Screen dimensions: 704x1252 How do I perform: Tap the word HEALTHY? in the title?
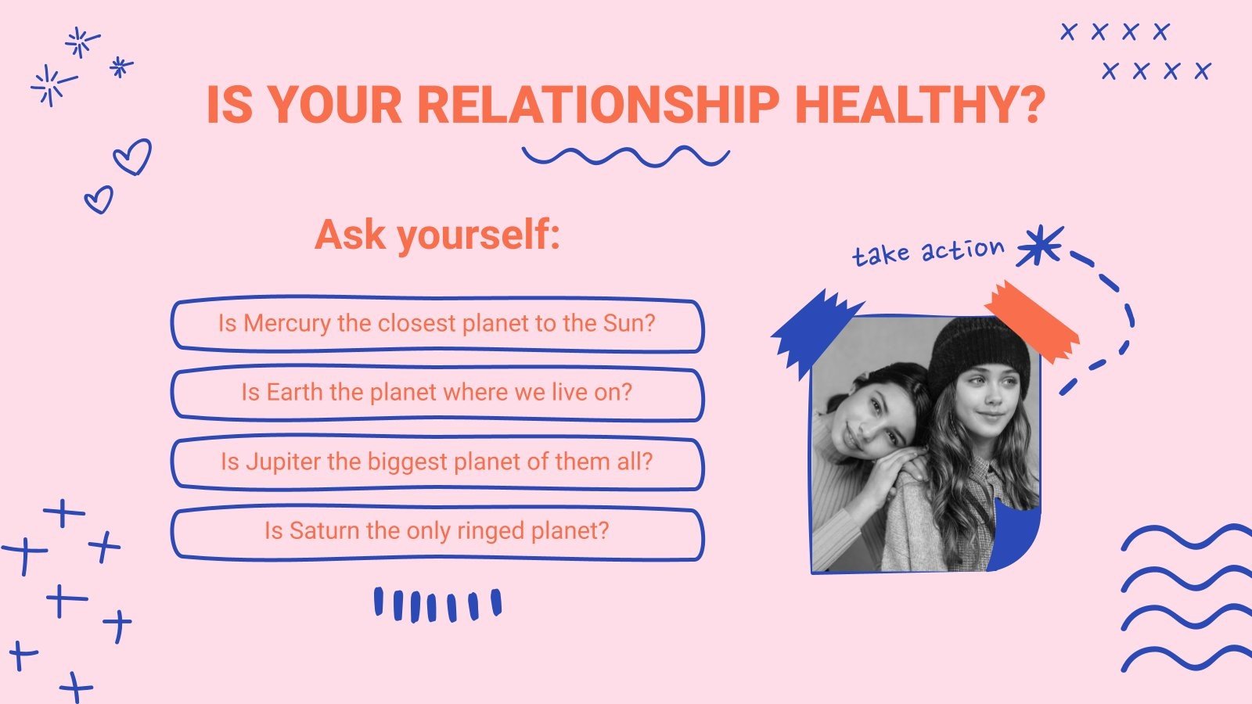pyautogui.click(x=920, y=105)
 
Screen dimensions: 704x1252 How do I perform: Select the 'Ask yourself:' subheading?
pyautogui.click(x=437, y=235)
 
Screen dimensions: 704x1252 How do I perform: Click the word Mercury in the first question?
pyautogui.click(x=286, y=324)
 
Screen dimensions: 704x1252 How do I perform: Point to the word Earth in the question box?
pyautogui.click(x=294, y=393)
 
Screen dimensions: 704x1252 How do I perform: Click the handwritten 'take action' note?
pyautogui.click(x=928, y=252)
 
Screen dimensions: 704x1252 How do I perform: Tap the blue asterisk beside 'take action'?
pyautogui.click(x=1040, y=245)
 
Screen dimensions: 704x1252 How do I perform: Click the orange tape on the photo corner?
pyautogui.click(x=1032, y=321)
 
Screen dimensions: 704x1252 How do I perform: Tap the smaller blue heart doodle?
pyautogui.click(x=99, y=199)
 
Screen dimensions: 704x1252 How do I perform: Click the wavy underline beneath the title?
pyautogui.click(x=625, y=156)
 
